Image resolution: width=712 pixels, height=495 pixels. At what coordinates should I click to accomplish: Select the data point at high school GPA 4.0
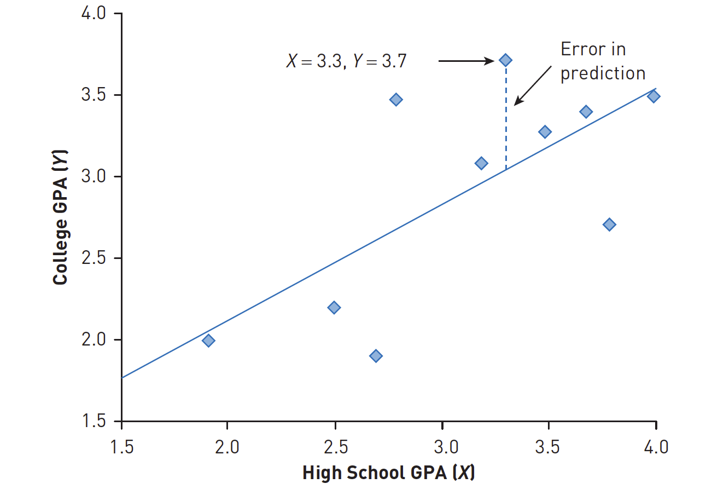(x=653, y=96)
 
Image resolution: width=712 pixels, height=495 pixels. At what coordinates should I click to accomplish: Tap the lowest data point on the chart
(x=376, y=356)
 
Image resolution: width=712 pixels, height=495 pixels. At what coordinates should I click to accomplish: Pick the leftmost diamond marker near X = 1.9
(x=208, y=341)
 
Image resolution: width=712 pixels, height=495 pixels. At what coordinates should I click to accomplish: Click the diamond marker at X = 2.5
(x=334, y=307)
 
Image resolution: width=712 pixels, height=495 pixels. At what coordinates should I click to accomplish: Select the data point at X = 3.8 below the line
(x=609, y=225)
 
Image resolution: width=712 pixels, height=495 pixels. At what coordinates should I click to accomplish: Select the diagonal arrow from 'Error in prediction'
(x=533, y=85)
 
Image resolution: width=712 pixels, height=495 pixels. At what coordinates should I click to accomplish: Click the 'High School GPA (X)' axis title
(x=388, y=473)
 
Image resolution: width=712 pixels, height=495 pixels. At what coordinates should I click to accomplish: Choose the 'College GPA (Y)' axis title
(x=60, y=217)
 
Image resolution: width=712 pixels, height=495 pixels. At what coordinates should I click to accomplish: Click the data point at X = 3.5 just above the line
(x=545, y=132)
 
